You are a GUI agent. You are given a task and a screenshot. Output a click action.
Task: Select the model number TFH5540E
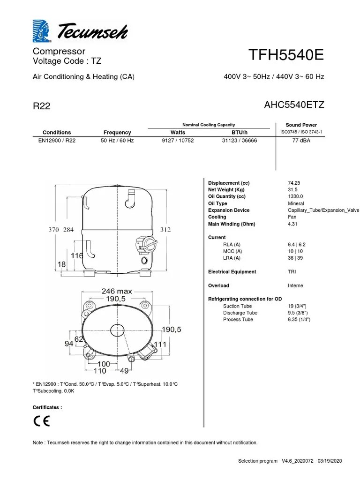tap(287, 56)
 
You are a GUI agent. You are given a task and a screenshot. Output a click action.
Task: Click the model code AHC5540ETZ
tap(294, 105)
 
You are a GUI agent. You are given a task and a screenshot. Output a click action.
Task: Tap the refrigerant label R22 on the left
tap(41, 106)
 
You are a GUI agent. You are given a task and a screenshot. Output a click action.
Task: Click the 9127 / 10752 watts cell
tap(178, 141)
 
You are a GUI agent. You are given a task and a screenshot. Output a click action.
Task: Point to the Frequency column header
tap(117, 133)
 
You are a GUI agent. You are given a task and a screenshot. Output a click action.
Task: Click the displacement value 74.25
tap(295, 183)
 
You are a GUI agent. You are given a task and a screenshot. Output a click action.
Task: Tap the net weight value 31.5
tap(293, 190)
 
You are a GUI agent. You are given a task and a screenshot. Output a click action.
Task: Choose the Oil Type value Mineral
tap(296, 204)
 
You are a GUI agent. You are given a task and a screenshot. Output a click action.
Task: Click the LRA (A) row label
tap(232, 258)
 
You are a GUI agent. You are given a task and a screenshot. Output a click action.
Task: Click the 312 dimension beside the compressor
tap(165, 230)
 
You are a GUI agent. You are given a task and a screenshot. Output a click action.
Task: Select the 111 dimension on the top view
tap(160, 345)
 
